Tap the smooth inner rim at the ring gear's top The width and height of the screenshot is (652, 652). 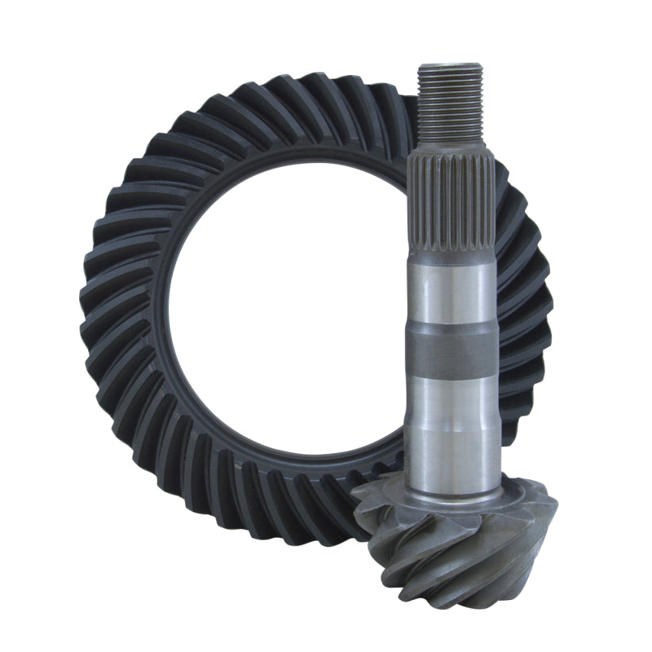click(x=310, y=167)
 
